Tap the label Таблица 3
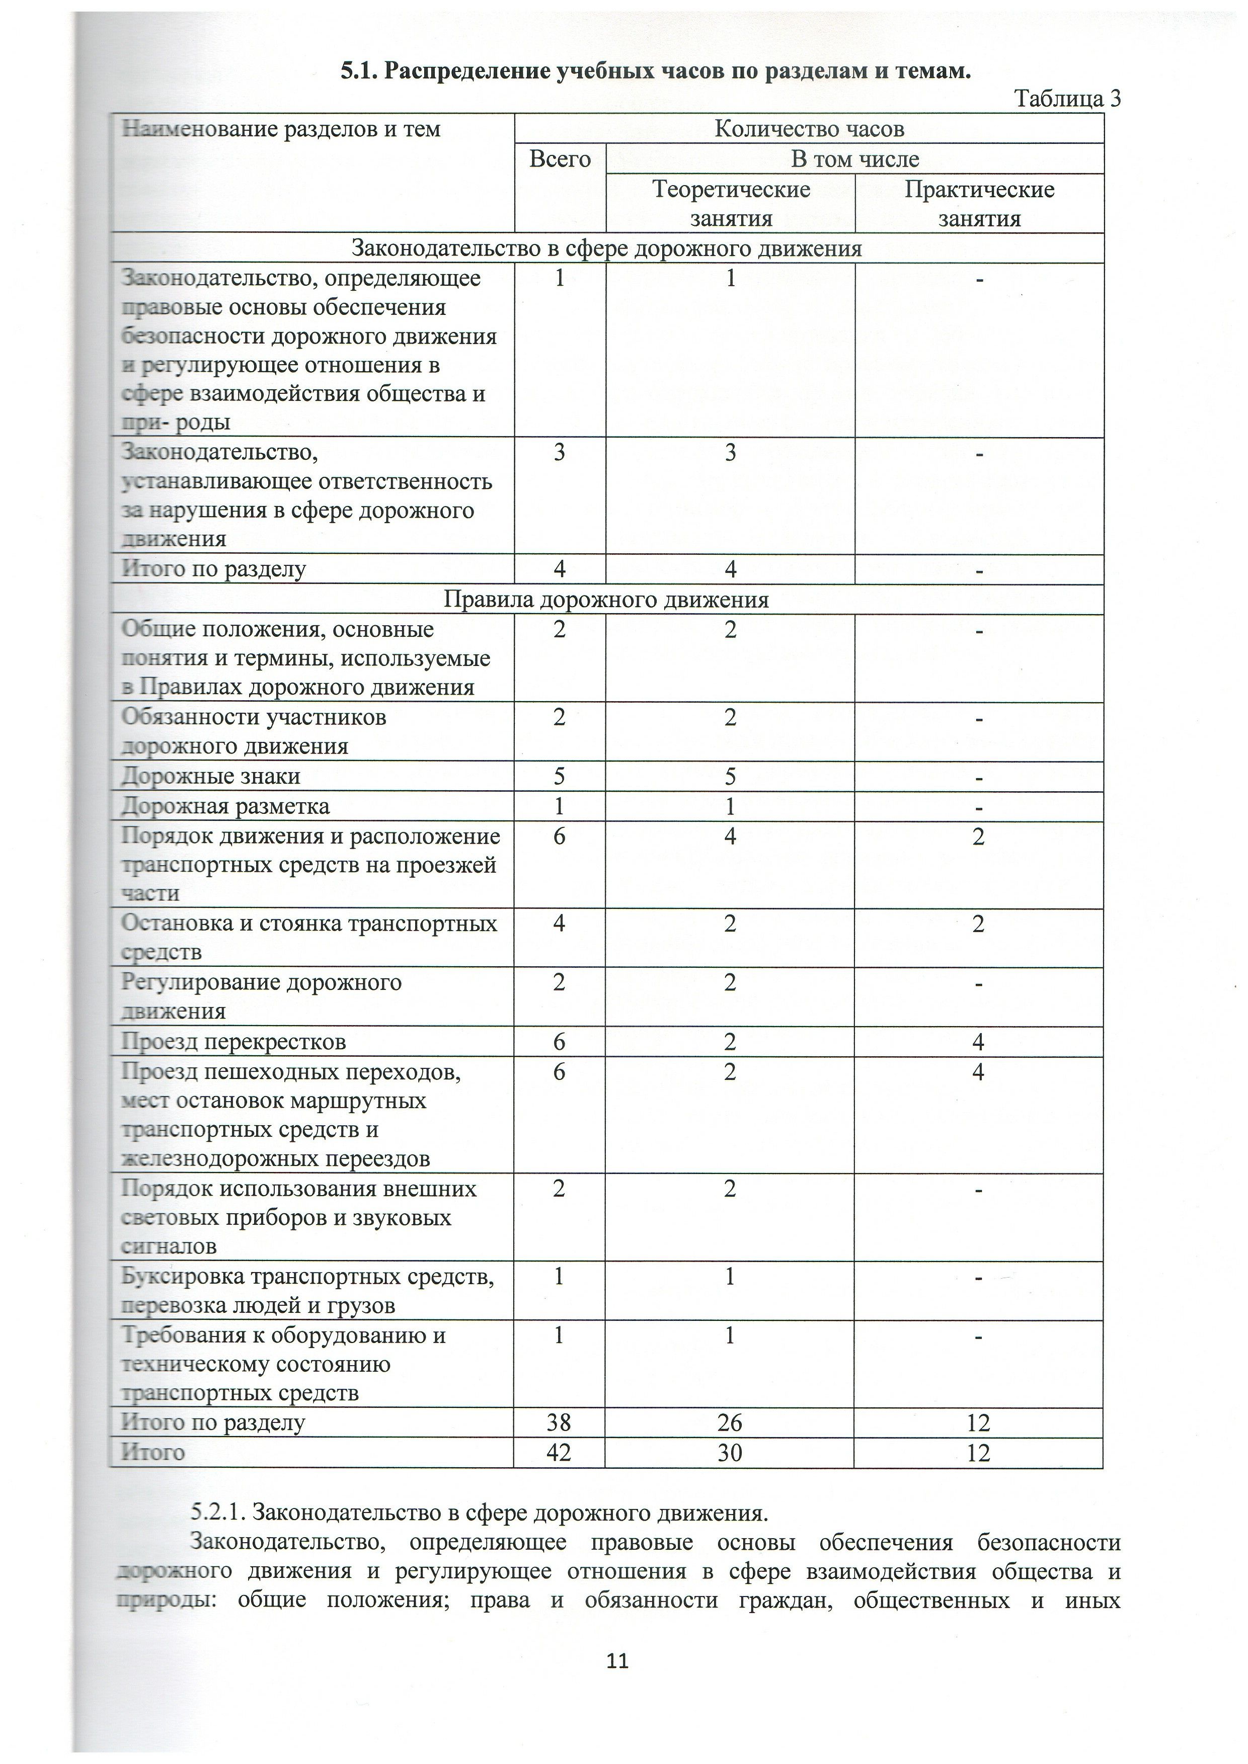(x=1067, y=99)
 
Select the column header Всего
(x=560, y=159)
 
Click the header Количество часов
(x=809, y=128)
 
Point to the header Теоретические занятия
(x=731, y=204)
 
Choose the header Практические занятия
(x=979, y=204)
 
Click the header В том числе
(x=854, y=159)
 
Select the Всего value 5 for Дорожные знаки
(x=560, y=777)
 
